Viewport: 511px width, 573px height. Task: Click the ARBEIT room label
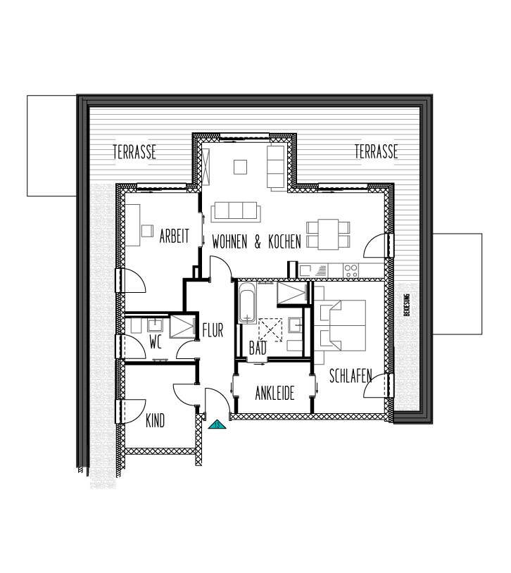(x=174, y=237)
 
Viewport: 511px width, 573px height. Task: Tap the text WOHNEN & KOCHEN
(x=256, y=242)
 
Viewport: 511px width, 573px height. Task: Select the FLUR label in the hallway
(x=213, y=330)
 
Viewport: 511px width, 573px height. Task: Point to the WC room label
(x=156, y=343)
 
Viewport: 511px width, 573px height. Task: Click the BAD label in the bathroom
(x=258, y=348)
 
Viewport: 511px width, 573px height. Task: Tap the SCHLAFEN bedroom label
(x=351, y=377)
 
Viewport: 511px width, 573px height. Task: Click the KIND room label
(x=155, y=421)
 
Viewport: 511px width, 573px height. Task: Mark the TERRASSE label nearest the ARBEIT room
(x=134, y=151)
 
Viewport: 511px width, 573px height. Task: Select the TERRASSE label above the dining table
(x=377, y=151)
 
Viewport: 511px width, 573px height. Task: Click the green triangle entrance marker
(x=217, y=424)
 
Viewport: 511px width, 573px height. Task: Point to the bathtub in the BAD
(x=246, y=303)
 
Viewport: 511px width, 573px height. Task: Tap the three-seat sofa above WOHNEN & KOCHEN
(x=235, y=210)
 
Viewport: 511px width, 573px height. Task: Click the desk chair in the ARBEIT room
(x=147, y=230)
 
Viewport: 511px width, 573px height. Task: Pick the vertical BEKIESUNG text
(x=406, y=305)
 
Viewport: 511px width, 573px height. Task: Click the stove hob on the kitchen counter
(x=350, y=269)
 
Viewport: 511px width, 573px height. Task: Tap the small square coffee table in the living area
(x=241, y=167)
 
